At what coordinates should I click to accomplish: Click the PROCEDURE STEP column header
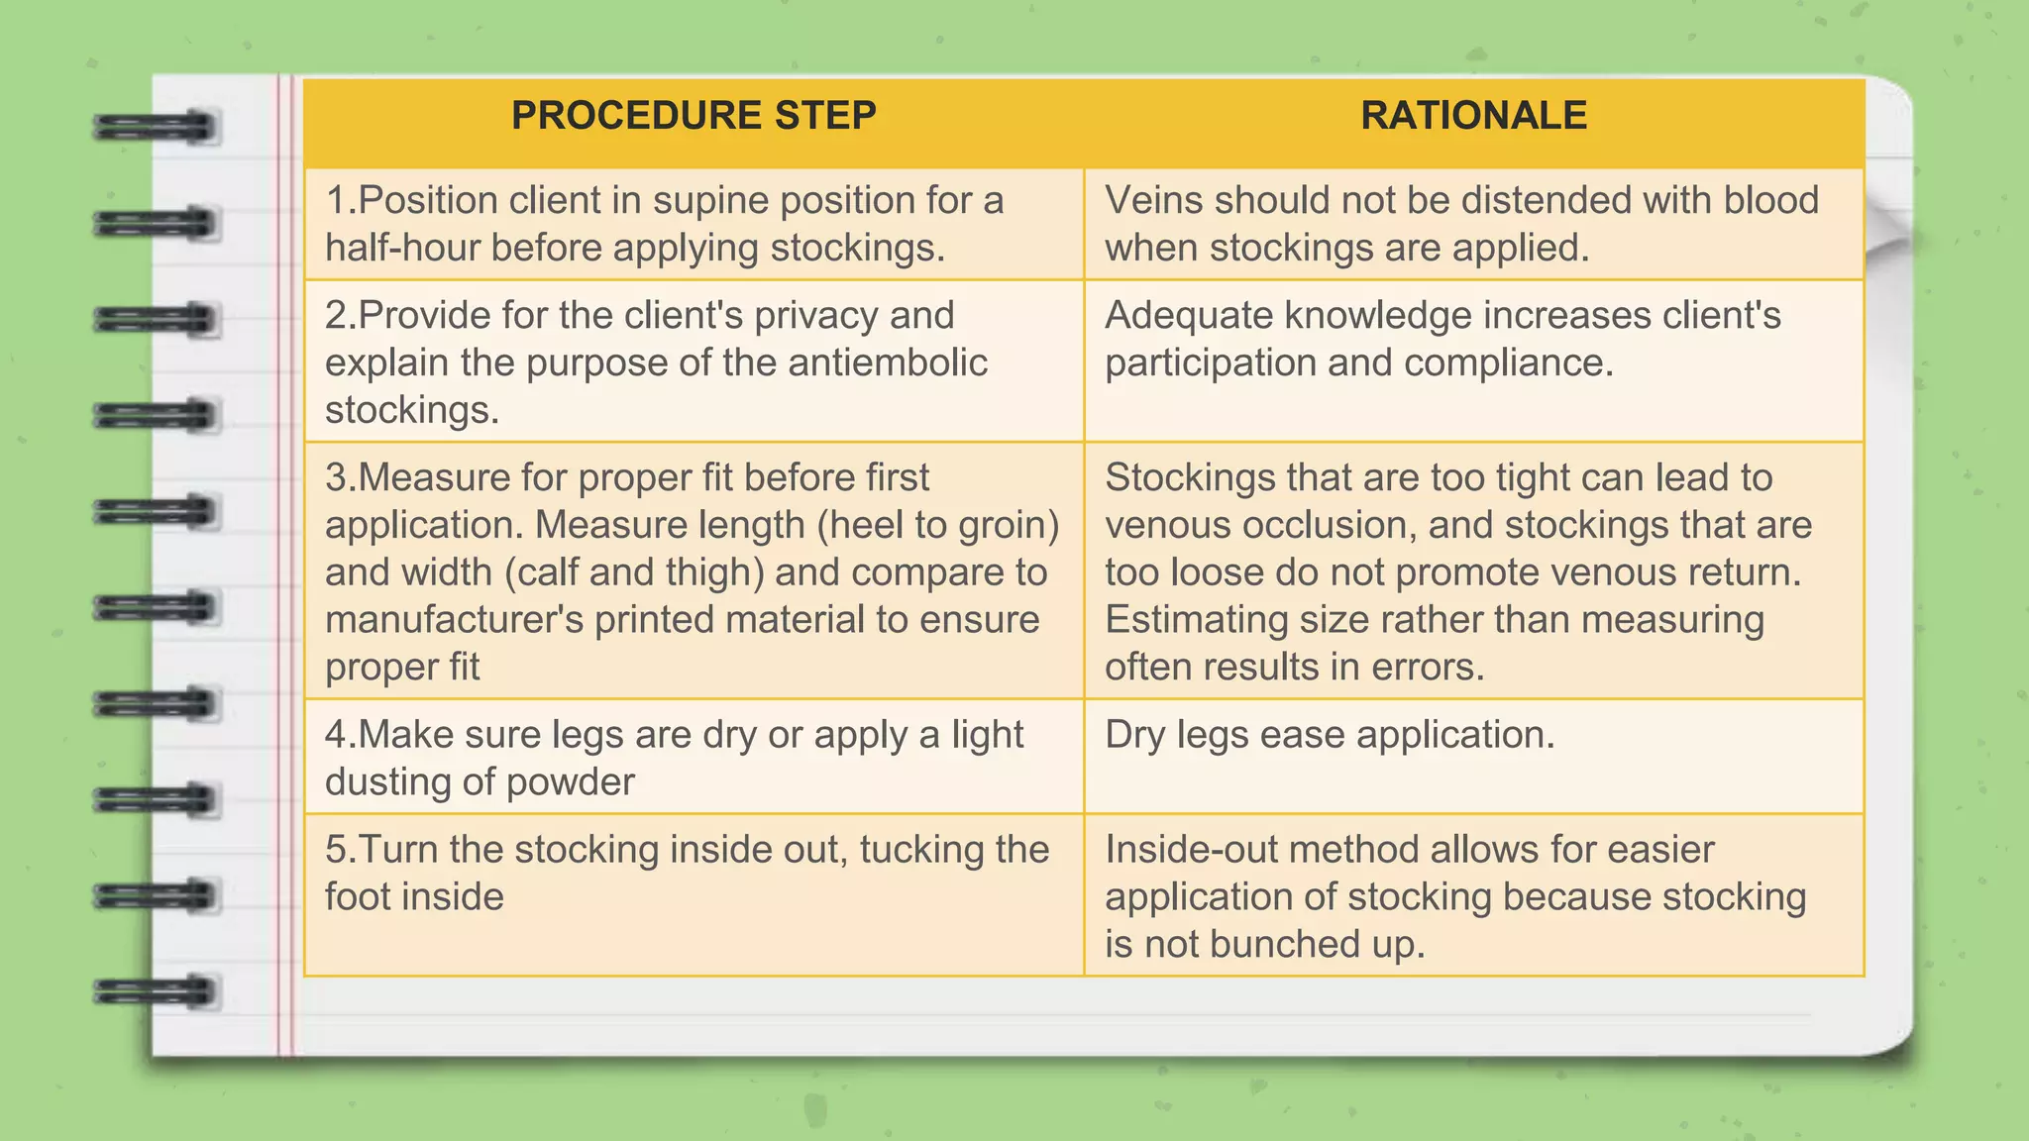tap(694, 116)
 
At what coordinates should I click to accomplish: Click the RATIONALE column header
tap(1473, 116)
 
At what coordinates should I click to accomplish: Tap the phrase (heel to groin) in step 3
tap(938, 526)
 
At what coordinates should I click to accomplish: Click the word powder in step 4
tap(570, 783)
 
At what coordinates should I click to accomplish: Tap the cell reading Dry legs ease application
tap(1330, 736)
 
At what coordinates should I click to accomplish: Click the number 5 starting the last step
tap(336, 851)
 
